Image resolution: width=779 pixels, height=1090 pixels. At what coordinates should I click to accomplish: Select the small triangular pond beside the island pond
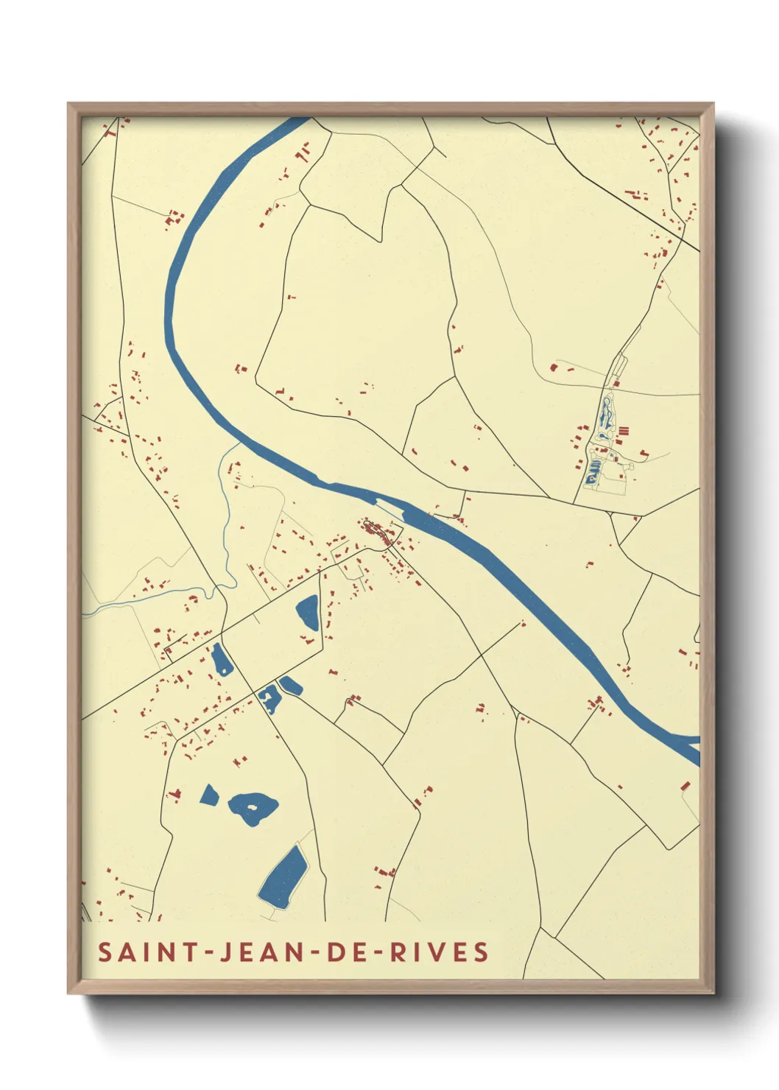point(209,795)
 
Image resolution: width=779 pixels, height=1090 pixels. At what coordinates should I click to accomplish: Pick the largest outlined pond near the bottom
point(283,876)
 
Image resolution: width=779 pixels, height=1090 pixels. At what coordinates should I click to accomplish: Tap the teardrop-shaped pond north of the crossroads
point(308,611)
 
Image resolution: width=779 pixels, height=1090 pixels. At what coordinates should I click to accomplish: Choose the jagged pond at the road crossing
point(269,697)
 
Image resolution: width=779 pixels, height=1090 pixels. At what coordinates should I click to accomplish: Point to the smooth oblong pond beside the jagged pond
point(291,686)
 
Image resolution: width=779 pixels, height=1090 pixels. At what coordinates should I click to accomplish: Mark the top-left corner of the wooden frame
point(69,105)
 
